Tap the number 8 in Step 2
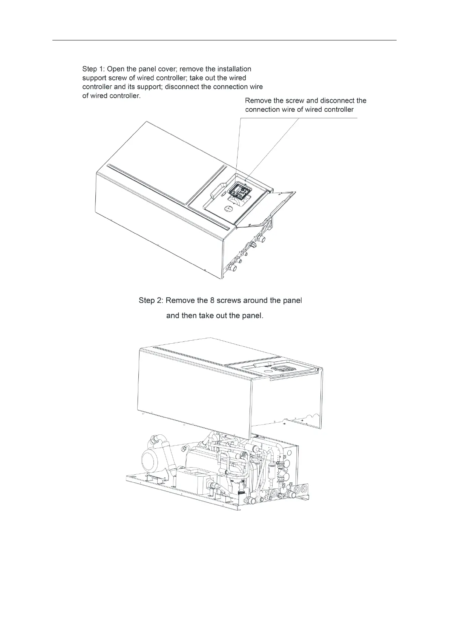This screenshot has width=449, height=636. tap(212, 301)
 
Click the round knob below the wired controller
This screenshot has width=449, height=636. tap(230, 208)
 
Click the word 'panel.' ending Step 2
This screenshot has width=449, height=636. tap(251, 315)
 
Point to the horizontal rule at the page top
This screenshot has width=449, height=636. tap(224, 40)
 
